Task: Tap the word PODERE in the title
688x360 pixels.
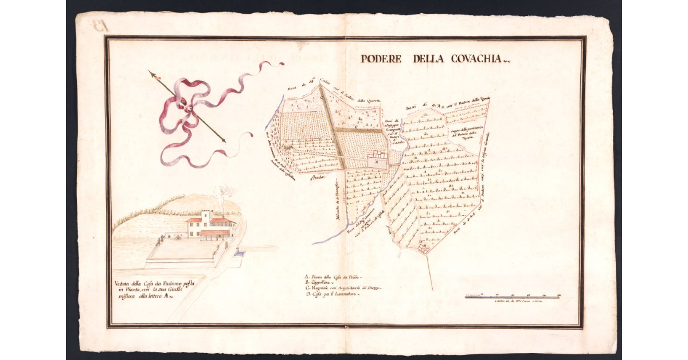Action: (x=381, y=58)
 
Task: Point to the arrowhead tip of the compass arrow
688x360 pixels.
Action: (x=150, y=72)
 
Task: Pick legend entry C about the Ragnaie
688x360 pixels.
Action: (x=343, y=288)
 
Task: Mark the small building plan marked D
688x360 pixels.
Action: (x=424, y=248)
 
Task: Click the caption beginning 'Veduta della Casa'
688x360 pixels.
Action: (x=154, y=290)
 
